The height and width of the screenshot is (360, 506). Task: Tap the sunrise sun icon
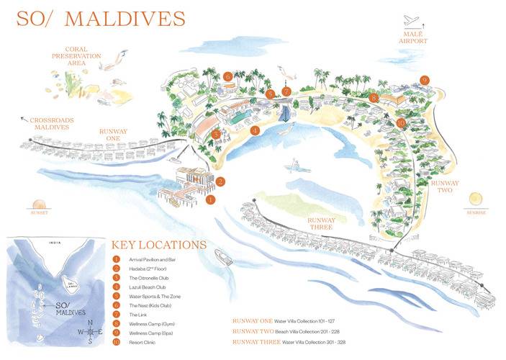click(x=474, y=199)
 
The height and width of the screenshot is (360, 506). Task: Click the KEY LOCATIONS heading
click(x=159, y=245)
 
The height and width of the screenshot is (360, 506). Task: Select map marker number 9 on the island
click(x=425, y=80)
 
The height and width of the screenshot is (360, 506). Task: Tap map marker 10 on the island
click(x=400, y=123)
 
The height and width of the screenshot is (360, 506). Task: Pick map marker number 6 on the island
click(x=227, y=76)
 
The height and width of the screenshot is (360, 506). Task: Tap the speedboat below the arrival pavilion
click(x=224, y=257)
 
